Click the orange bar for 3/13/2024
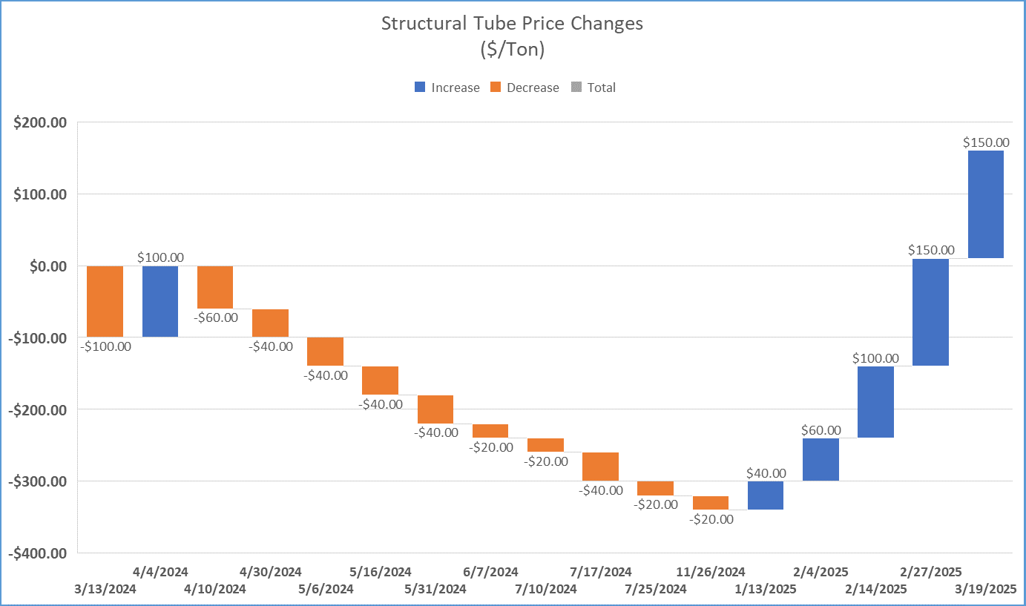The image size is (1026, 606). (x=105, y=301)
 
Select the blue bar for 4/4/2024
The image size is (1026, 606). (x=160, y=301)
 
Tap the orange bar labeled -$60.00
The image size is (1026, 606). (x=215, y=287)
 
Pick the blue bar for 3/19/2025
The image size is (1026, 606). (x=985, y=204)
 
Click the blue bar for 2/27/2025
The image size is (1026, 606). (x=930, y=312)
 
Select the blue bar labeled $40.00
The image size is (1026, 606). (x=766, y=495)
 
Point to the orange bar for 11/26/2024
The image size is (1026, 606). (x=711, y=502)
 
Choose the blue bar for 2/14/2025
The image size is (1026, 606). (x=875, y=401)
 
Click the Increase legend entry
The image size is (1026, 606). (x=447, y=88)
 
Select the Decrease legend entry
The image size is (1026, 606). (x=524, y=88)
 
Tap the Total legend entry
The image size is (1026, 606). (x=593, y=88)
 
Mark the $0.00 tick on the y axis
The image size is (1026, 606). (x=46, y=266)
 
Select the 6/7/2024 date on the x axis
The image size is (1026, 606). (x=490, y=572)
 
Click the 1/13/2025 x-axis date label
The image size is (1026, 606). (x=765, y=590)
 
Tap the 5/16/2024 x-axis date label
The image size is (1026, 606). (x=380, y=572)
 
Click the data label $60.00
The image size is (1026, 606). (x=821, y=430)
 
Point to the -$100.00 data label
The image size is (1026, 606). (x=105, y=346)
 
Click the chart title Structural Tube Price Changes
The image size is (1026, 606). (x=512, y=23)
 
